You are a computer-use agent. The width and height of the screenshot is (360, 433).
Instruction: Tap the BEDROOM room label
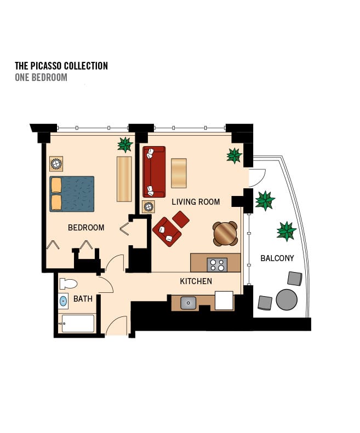click(x=86, y=228)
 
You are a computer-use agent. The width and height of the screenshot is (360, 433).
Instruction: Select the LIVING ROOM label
click(x=196, y=202)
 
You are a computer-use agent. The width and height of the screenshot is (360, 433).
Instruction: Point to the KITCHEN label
click(x=196, y=281)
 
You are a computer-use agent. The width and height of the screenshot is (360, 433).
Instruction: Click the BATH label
click(x=83, y=299)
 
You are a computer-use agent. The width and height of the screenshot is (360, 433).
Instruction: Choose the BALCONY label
click(x=277, y=258)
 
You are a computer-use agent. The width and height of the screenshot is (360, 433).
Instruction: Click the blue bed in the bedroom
click(x=72, y=194)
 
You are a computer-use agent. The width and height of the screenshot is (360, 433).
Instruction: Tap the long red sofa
click(x=154, y=172)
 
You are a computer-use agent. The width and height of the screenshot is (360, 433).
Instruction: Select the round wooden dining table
click(x=225, y=234)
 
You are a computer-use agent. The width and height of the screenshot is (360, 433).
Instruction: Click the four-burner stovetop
click(x=217, y=265)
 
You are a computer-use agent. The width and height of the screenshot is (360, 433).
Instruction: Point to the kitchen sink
click(x=188, y=303)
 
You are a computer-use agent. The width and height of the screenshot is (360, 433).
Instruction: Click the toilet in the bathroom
click(x=68, y=284)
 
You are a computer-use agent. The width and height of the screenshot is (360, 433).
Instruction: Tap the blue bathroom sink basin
click(x=64, y=301)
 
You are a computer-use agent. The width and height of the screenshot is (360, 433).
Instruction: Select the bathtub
click(x=78, y=324)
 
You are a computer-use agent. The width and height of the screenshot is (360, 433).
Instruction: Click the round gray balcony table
click(x=287, y=299)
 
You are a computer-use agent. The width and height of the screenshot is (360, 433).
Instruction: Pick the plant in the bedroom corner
click(x=125, y=145)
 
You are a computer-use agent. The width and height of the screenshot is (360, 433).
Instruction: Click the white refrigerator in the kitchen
click(x=224, y=301)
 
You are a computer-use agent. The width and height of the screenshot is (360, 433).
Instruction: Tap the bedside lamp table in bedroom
click(x=56, y=164)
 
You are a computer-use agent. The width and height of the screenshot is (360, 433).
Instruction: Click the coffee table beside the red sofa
click(x=179, y=173)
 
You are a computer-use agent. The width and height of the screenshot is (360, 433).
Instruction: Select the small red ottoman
click(x=181, y=220)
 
